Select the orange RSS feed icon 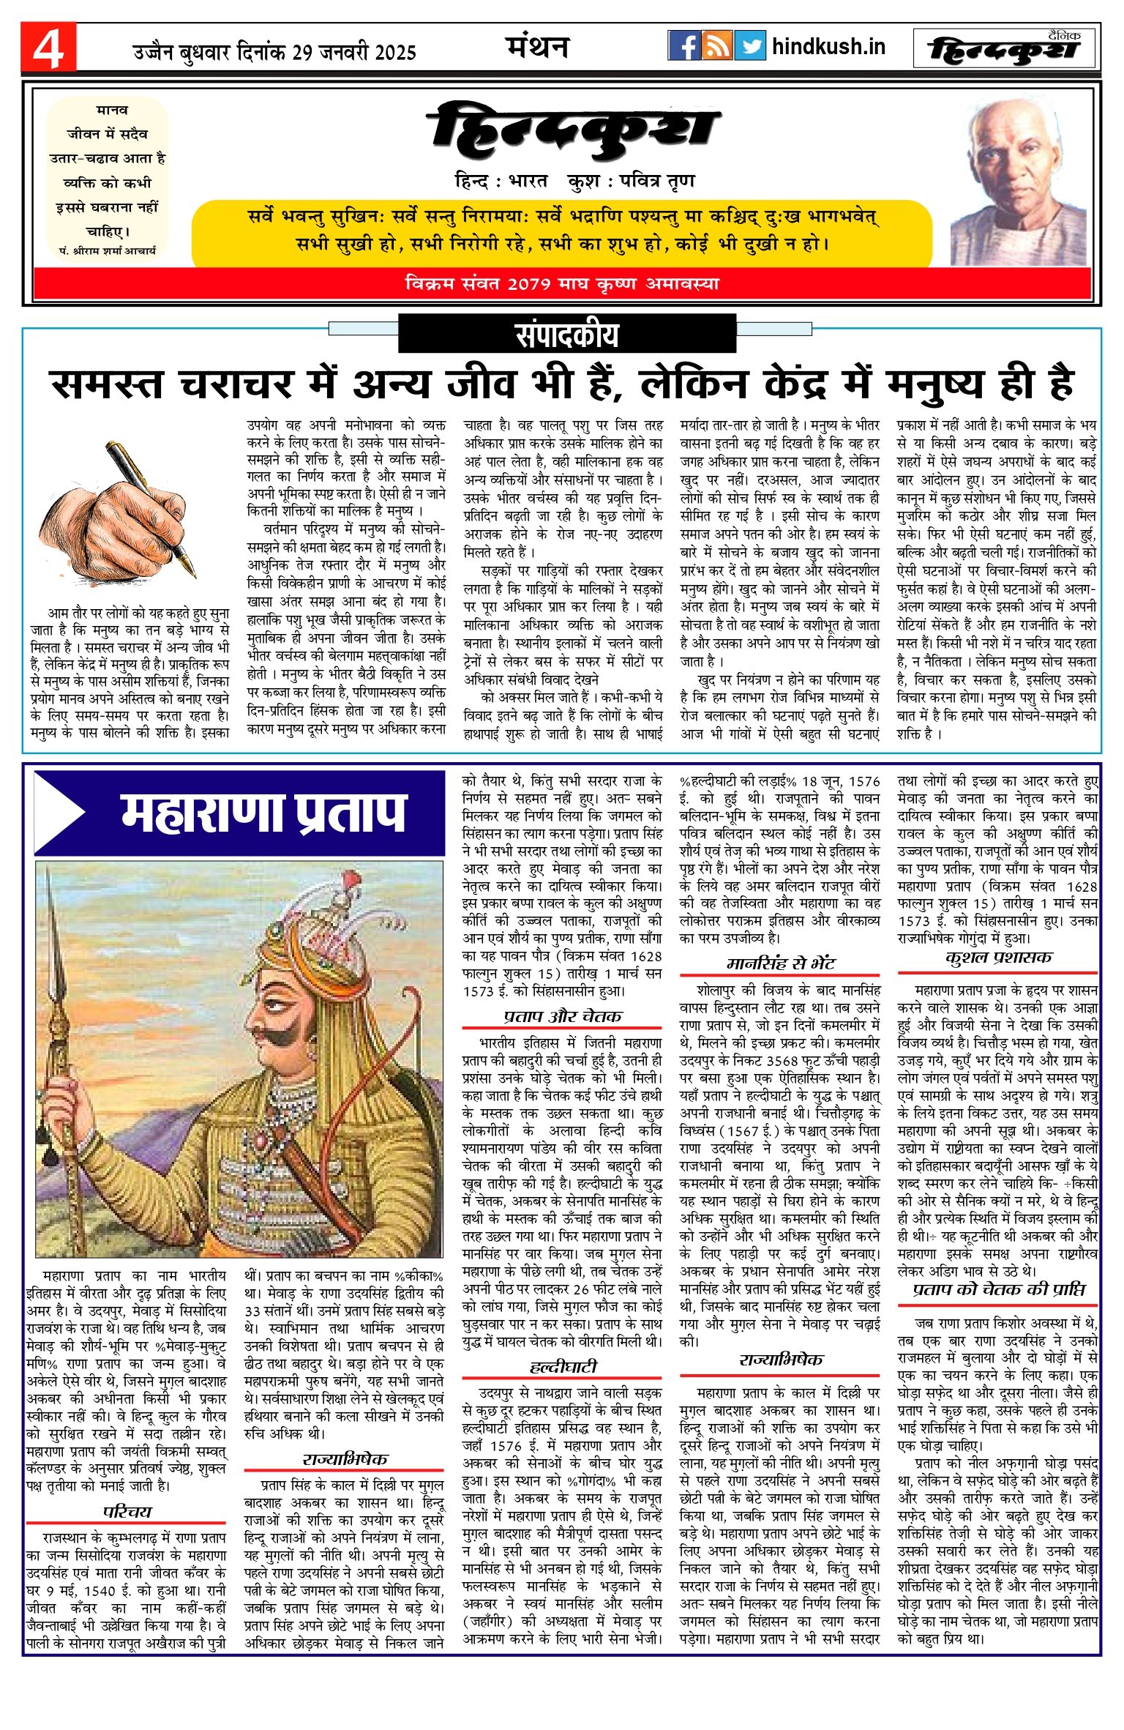click(x=716, y=46)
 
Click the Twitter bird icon click(x=750, y=46)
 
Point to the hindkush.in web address click(x=828, y=47)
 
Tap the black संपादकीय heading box click(x=566, y=335)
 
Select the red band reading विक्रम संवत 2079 click(x=561, y=283)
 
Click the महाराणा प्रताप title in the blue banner click(x=263, y=813)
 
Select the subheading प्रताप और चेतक click(x=562, y=1016)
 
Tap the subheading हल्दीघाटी click(x=562, y=1367)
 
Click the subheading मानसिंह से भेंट click(x=780, y=963)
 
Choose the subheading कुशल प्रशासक click(x=998, y=958)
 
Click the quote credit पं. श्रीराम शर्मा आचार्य click(x=107, y=250)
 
